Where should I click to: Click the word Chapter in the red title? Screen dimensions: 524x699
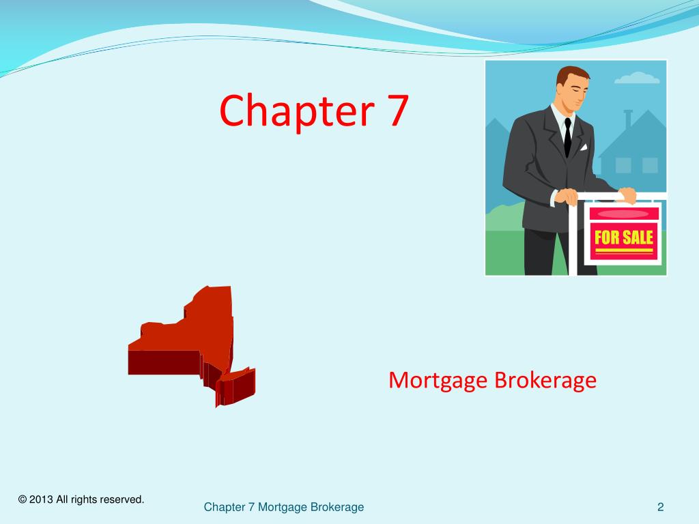[x=294, y=111]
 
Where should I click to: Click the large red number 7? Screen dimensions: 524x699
[x=395, y=111]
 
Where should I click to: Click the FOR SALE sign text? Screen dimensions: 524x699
[x=624, y=238]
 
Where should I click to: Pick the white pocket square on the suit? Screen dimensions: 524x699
[x=584, y=146]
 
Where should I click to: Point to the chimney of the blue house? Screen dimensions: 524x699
[x=628, y=119]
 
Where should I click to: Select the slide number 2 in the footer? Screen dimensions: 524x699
[x=661, y=507]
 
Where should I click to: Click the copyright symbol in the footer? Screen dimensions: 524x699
[x=23, y=500]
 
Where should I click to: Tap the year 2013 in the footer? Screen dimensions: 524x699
[x=40, y=500]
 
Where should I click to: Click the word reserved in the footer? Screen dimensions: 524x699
[x=122, y=500]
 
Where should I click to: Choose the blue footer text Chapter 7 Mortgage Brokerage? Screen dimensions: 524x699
[x=284, y=507]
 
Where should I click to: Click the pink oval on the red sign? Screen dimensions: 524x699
[x=623, y=214]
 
